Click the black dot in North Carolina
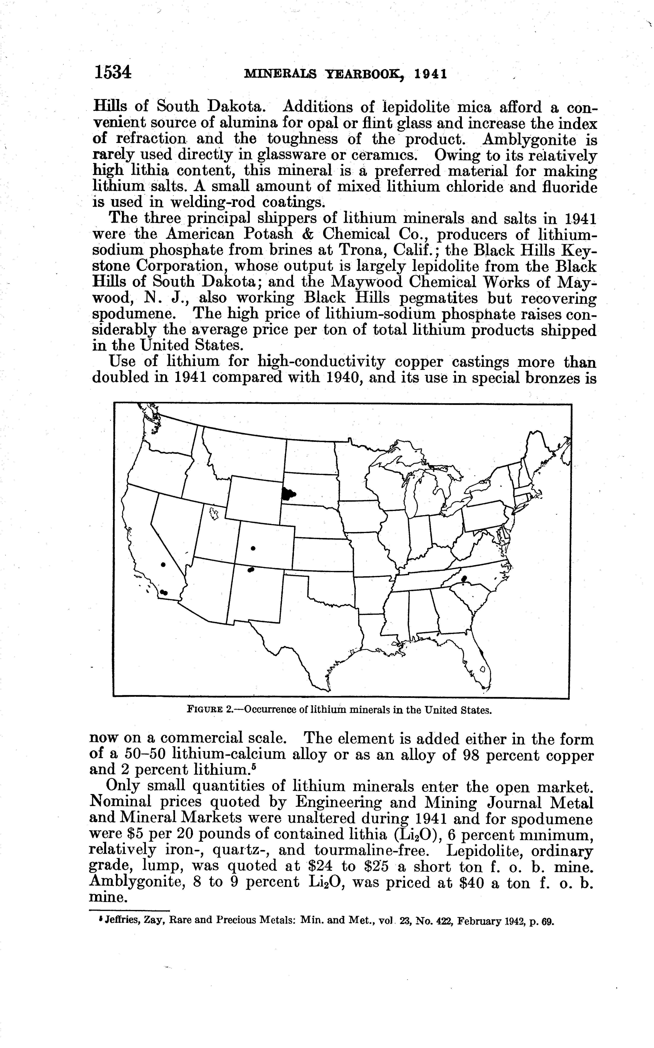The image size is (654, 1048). pos(464,579)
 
